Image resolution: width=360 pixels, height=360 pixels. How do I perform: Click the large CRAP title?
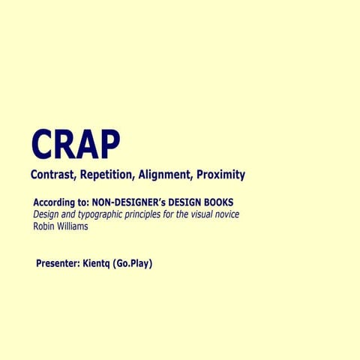click(74, 145)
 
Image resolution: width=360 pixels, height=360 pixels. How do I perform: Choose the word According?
click(55, 202)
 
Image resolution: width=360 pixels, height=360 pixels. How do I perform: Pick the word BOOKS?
click(217, 202)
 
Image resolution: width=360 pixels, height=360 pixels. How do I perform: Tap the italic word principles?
click(150, 214)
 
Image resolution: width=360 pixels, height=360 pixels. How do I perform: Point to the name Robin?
click(46, 226)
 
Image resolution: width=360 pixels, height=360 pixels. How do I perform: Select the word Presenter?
click(61, 264)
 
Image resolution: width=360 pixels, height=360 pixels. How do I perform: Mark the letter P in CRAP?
click(108, 145)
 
